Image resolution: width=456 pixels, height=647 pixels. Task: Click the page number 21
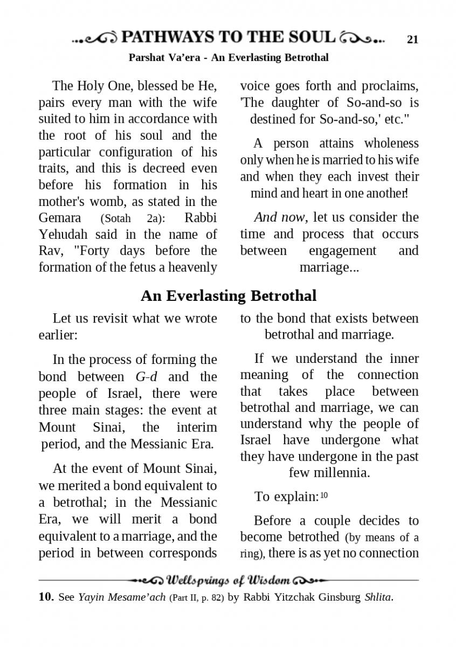412,39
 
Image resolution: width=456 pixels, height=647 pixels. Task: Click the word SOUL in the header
308,37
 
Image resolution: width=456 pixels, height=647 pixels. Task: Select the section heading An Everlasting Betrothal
229,295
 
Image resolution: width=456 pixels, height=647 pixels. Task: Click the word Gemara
60,218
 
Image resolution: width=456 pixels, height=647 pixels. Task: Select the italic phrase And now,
281,217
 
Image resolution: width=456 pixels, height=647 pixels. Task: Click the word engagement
342,251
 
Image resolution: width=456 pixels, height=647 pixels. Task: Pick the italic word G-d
146,376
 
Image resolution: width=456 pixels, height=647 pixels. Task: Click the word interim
197,428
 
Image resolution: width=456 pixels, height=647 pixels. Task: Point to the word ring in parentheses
251,553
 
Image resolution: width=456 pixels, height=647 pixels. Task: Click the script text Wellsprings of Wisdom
229,581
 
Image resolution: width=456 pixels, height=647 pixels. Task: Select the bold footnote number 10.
46,597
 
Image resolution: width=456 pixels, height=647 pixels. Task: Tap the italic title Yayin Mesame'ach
122,597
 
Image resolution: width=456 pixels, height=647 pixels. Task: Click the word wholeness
391,143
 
